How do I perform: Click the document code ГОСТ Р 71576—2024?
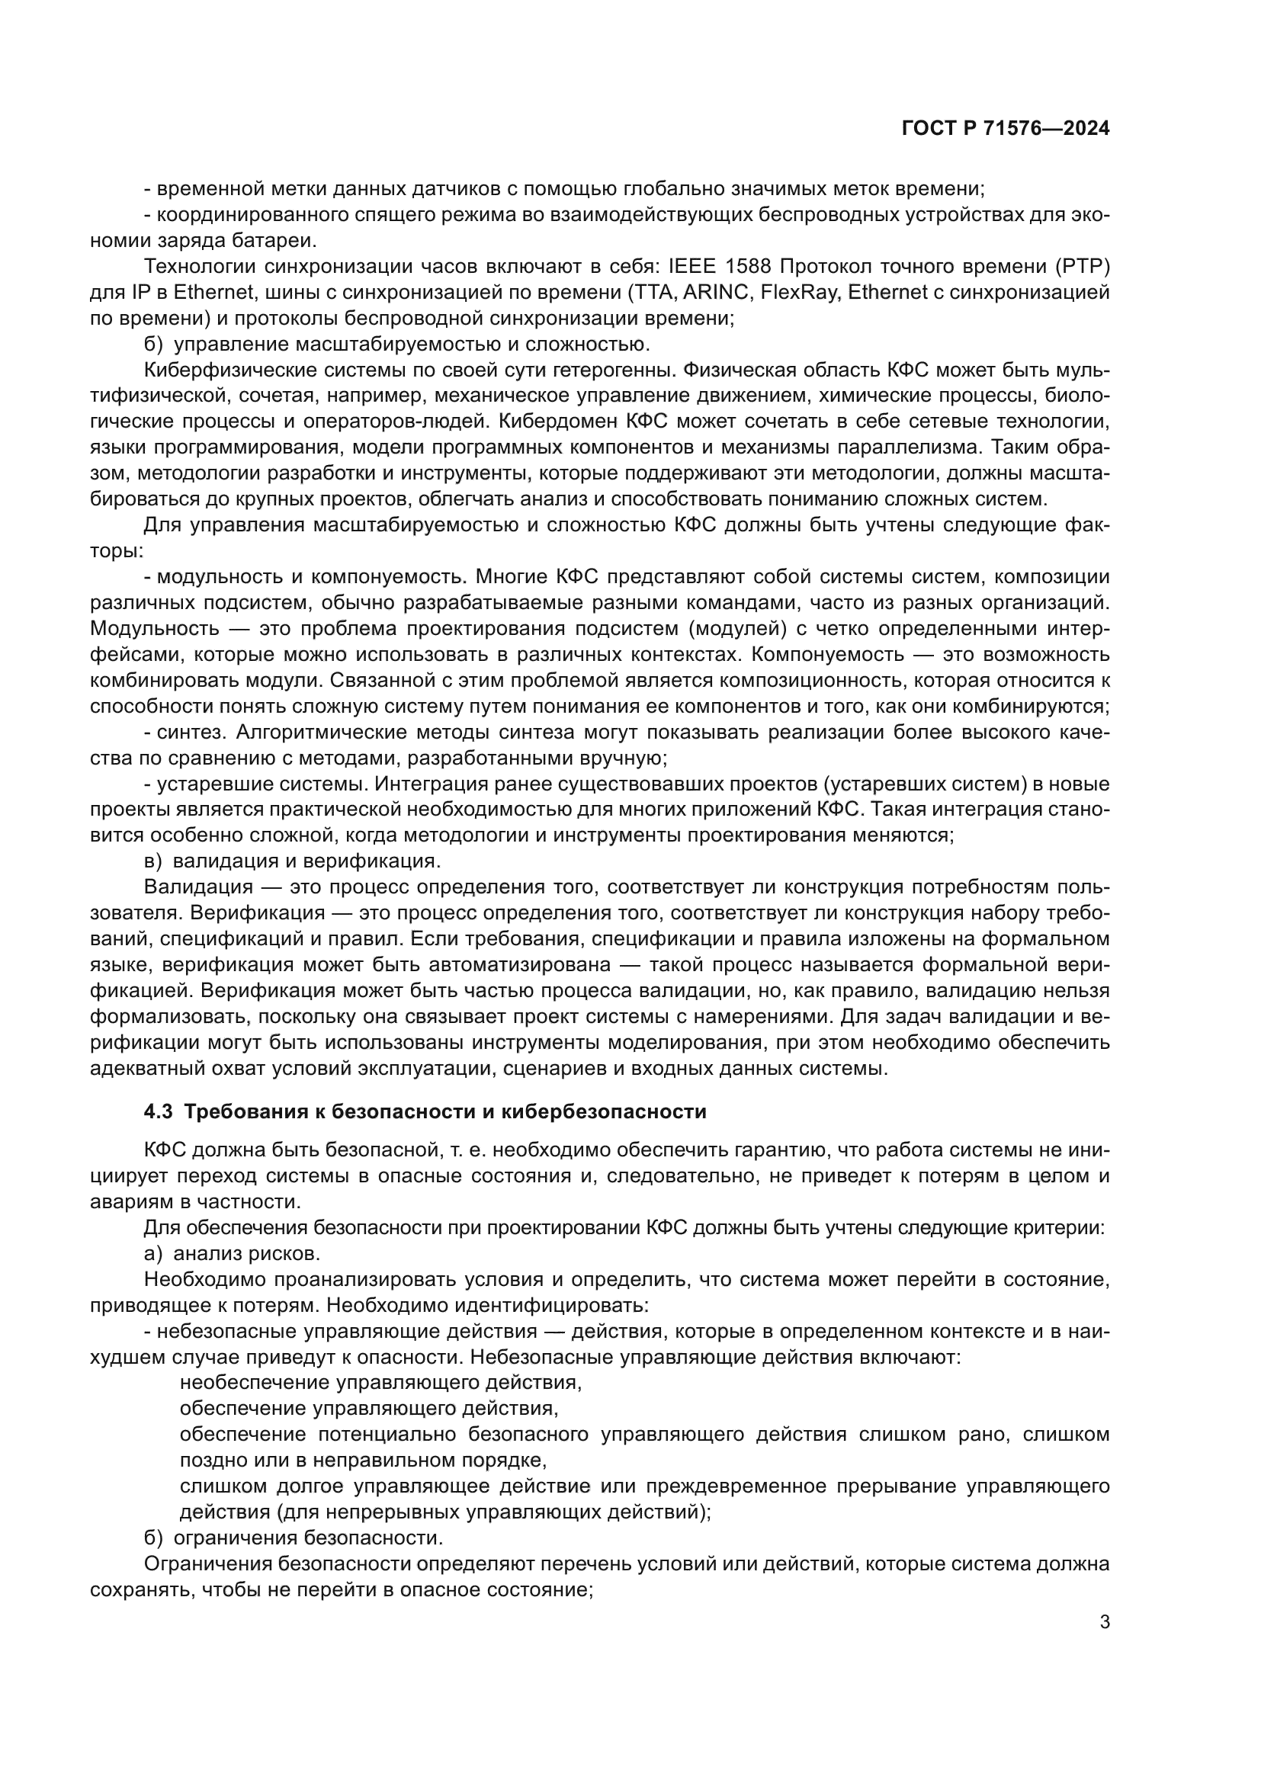pyautogui.click(x=1006, y=129)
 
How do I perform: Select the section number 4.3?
pyautogui.click(x=158, y=1111)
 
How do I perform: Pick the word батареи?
pyautogui.click(x=278, y=241)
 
